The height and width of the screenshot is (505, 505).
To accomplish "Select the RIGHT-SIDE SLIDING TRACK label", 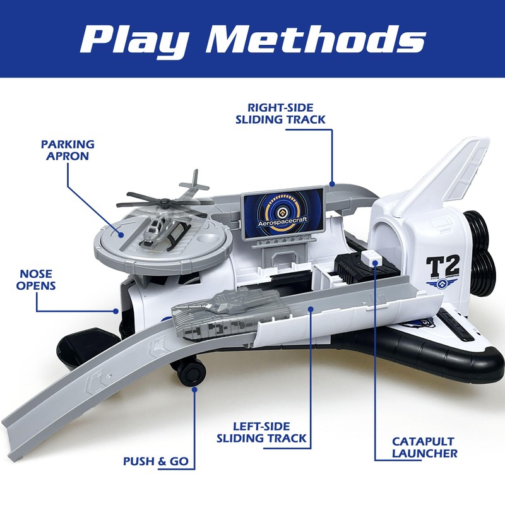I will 286,112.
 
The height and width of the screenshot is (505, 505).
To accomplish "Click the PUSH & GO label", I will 156,461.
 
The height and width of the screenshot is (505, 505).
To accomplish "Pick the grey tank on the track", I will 215,311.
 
